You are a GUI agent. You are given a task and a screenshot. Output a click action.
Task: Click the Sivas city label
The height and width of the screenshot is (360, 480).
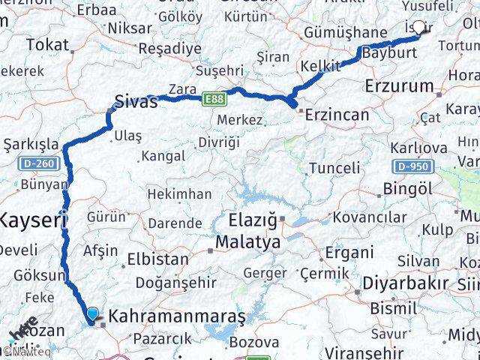click(x=136, y=102)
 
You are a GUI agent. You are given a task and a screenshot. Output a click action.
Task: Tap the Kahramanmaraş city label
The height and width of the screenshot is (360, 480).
click(x=177, y=317)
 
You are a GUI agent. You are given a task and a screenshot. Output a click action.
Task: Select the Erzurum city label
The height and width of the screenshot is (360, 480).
click(x=399, y=86)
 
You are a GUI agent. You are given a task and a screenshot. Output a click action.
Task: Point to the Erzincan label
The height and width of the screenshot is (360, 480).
click(x=334, y=115)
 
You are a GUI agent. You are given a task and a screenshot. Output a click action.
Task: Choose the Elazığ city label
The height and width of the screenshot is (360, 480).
click(x=253, y=223)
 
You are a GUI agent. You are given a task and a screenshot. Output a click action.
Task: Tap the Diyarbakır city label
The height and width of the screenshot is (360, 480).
click(x=405, y=283)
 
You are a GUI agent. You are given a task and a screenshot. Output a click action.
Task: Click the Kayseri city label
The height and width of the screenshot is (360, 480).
click(x=33, y=220)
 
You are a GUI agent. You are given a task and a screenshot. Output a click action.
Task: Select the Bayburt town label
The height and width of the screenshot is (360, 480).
click(x=388, y=54)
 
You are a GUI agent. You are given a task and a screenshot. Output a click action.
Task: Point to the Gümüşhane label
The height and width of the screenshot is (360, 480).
click(x=344, y=33)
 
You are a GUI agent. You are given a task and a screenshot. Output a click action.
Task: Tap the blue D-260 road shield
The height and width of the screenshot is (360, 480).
click(x=36, y=162)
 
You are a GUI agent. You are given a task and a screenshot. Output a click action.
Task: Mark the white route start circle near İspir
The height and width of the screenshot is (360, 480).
click(x=418, y=28)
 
